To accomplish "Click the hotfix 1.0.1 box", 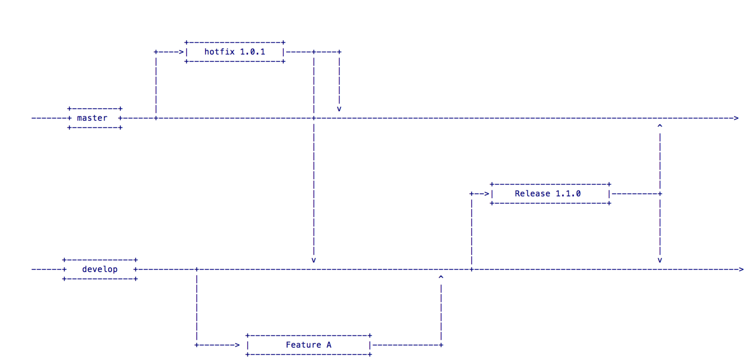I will [235, 52].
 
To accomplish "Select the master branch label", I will [92, 118].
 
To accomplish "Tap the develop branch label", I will [100, 269].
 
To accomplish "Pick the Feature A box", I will [308, 345].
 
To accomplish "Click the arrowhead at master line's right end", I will [736, 118].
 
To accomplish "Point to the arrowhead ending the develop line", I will [741, 269].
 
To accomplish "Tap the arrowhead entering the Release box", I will [487, 193].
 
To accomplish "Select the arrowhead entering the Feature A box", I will [237, 345].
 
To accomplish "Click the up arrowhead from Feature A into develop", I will [441, 277].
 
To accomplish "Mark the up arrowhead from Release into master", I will [660, 126].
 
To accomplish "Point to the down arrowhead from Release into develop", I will [660, 260].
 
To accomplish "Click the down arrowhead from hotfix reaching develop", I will [314, 260].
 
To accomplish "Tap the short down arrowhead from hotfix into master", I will [339, 109].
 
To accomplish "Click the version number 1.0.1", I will [252, 52].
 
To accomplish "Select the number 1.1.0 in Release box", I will [568, 193].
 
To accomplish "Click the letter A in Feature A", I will [329, 345].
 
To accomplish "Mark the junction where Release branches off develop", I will [472, 269].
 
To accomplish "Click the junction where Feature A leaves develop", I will [197, 269].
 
